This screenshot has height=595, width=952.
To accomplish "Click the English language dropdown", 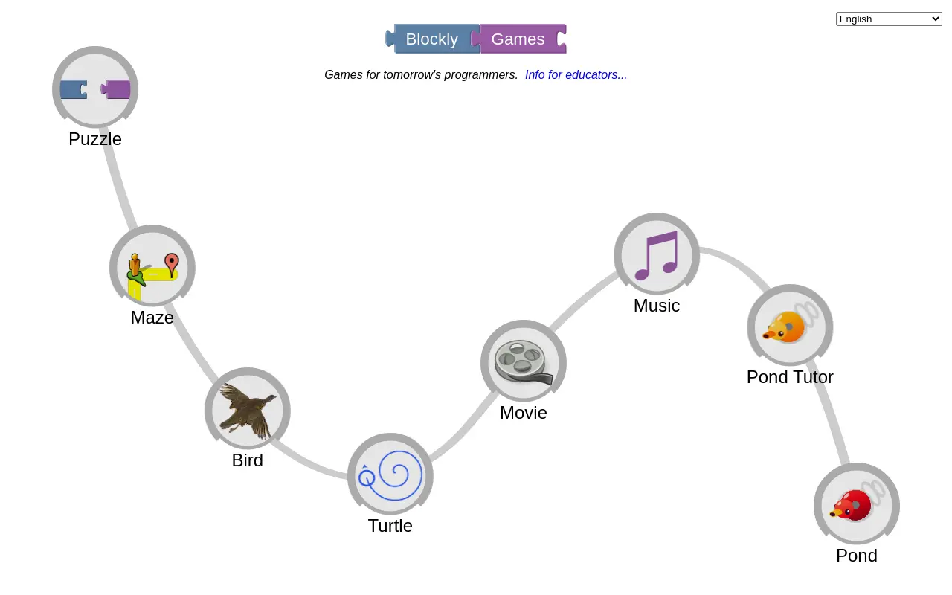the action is [x=889, y=19].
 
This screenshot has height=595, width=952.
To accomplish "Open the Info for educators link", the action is [x=576, y=75].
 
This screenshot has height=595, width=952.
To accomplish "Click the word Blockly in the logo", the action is [x=432, y=39].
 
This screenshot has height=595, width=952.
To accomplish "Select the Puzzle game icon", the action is [x=95, y=87].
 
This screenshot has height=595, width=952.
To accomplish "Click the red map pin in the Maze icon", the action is [x=172, y=264].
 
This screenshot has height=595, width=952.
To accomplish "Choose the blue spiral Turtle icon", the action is [x=390, y=475].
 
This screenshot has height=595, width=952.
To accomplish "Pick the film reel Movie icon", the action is [x=524, y=362].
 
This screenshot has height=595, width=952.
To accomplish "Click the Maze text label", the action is [x=152, y=318].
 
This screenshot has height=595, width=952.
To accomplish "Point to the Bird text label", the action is [x=248, y=460].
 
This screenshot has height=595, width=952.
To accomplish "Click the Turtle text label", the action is [x=390, y=526].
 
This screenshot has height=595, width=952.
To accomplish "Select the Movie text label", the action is [x=524, y=413].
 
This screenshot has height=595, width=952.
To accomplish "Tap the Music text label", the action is [x=657, y=306].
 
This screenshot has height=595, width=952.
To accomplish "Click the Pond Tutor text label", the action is [x=790, y=377].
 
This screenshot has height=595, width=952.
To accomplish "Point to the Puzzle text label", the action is [x=95, y=139].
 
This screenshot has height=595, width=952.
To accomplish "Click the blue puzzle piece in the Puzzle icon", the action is [x=74, y=89].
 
